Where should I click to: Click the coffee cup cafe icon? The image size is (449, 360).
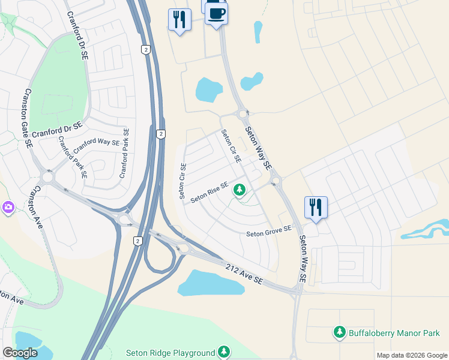click(x=216, y=13)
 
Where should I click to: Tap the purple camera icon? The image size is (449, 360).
click(x=8, y=207)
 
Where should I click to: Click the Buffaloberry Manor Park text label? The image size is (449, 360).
click(x=394, y=332)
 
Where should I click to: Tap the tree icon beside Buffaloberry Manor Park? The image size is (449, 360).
click(x=339, y=332)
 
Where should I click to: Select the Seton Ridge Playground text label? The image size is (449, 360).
click(x=170, y=353)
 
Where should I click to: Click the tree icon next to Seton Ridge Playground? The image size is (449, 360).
click(x=224, y=351)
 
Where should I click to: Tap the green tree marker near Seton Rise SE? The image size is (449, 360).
click(x=240, y=190)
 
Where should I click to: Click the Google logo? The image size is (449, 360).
click(x=20, y=353)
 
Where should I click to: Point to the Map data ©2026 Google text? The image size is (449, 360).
click(x=411, y=355)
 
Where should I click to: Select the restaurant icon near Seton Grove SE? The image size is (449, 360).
click(x=315, y=207)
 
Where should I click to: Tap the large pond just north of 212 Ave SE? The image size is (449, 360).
click(x=211, y=283)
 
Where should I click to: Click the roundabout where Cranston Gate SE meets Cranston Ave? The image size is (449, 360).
click(x=47, y=177)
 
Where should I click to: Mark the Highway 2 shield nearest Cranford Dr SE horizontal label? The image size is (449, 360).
click(x=160, y=134)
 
